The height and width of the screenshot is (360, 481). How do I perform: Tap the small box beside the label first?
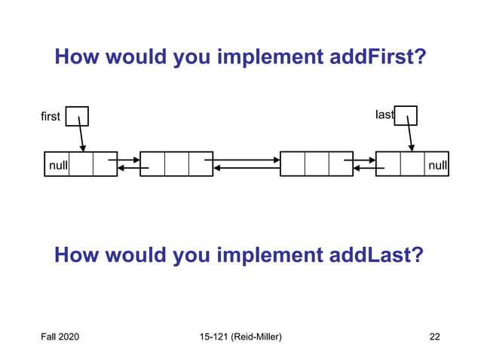tap(77, 116)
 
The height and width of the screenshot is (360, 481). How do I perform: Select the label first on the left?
tap(51, 117)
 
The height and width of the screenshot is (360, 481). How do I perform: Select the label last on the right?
tap(384, 115)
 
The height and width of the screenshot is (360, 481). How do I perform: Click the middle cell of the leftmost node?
tap(81, 163)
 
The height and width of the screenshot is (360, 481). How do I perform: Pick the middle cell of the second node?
tap(176, 163)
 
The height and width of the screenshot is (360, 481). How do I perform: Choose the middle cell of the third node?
tap(317, 163)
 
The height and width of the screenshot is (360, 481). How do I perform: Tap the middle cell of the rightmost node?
tap(412, 163)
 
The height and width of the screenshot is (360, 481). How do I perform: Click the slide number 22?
tap(434, 336)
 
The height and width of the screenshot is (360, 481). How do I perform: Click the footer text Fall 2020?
tap(60, 336)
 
